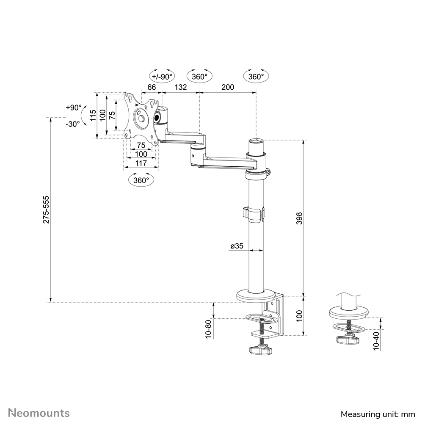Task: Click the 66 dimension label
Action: pos(152,87)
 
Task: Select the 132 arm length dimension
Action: pos(181,87)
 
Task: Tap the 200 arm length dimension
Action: pos(228,87)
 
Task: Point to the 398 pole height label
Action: pos(299,218)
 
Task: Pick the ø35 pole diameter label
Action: pos(237,246)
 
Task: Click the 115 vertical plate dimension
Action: pos(92,115)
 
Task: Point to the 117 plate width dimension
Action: pos(141,163)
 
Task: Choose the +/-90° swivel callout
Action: pos(162,76)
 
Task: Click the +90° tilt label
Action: pos(73,108)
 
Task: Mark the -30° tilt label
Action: pos(73,124)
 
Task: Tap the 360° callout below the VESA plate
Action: pos(141,180)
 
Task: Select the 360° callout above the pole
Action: pos(256,76)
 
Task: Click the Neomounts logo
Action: pos(40,413)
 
